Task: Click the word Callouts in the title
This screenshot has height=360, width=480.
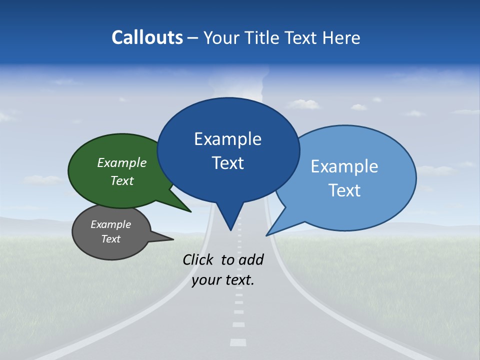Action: (x=147, y=37)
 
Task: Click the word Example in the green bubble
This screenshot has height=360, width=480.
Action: (x=122, y=163)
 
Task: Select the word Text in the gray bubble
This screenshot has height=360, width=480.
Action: (x=110, y=239)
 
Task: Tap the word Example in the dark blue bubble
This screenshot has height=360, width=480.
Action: (x=227, y=139)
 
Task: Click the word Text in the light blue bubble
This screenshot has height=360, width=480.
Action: (x=344, y=190)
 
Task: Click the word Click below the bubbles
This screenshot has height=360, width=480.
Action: (x=199, y=259)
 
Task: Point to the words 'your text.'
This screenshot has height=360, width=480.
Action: (x=223, y=280)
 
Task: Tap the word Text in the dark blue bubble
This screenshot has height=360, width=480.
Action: (x=228, y=163)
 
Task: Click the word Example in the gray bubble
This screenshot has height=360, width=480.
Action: (x=110, y=224)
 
